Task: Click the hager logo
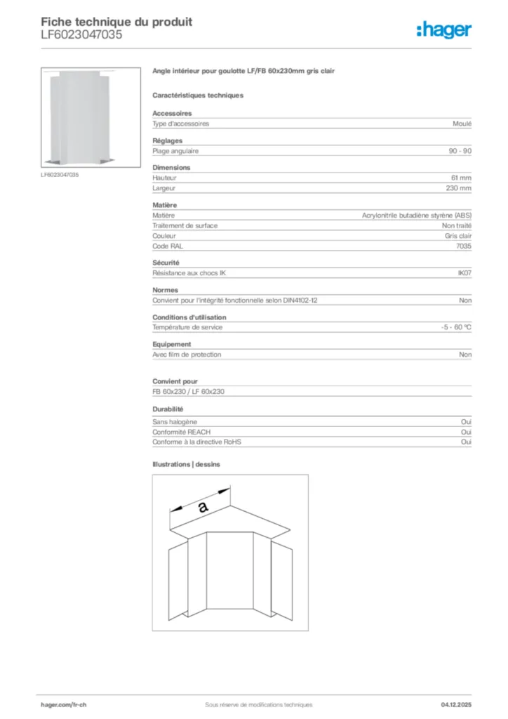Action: pyautogui.click(x=443, y=29)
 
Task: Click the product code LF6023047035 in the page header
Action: pyautogui.click(x=81, y=34)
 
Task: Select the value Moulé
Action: pyautogui.click(x=462, y=124)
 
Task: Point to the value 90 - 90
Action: pyautogui.click(x=460, y=151)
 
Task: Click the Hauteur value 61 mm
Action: pyautogui.click(x=461, y=178)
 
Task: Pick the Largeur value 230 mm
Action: pyautogui.click(x=459, y=188)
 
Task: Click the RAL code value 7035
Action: pyautogui.click(x=463, y=246)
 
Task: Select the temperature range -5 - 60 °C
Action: pyautogui.click(x=451, y=327)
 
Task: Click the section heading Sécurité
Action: pyautogui.click(x=166, y=263)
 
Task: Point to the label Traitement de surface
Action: pyautogui.click(x=185, y=225)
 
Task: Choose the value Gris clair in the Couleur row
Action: pyautogui.click(x=457, y=236)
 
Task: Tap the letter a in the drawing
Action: pyautogui.click(x=203, y=507)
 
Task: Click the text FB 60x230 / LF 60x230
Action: pyautogui.click(x=188, y=391)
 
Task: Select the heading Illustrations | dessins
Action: pyautogui.click(x=187, y=464)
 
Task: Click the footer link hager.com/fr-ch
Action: pyautogui.click(x=63, y=704)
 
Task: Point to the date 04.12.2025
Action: pyautogui.click(x=456, y=704)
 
